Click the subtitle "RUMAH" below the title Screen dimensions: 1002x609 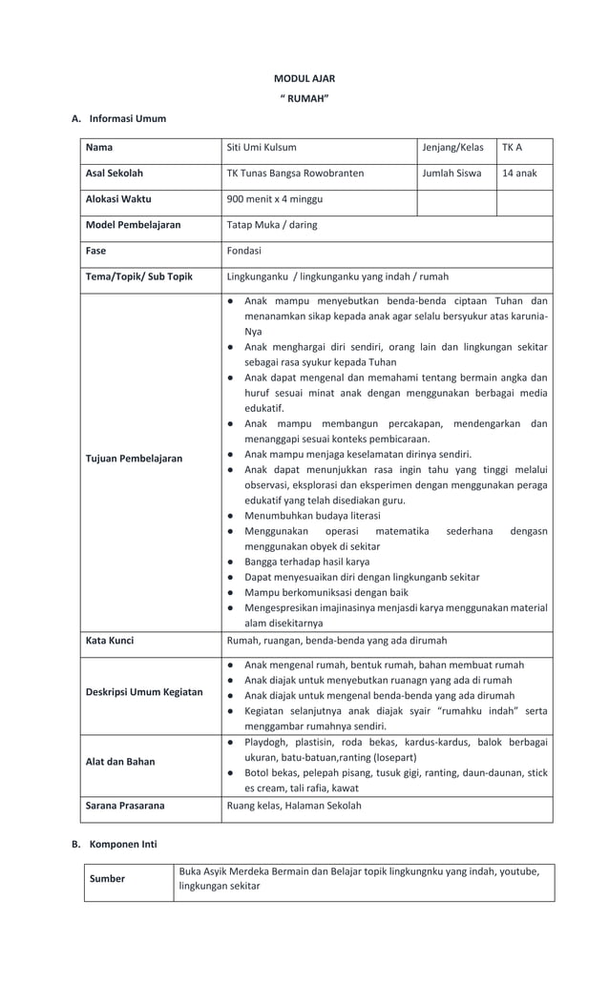[304, 99]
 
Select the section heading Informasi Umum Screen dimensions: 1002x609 [127, 119]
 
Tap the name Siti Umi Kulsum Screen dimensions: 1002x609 [262, 148]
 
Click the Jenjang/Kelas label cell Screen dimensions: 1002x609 [452, 148]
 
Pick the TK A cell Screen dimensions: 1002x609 [513, 148]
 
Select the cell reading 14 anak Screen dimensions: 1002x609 [519, 174]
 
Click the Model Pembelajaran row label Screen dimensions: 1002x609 [133, 225]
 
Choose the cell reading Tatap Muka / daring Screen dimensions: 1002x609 [272, 225]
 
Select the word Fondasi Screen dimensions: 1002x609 [244, 251]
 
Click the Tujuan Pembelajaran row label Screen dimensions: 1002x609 [134, 459]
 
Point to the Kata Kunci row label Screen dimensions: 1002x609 [110, 641]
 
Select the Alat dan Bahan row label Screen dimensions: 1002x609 [120, 762]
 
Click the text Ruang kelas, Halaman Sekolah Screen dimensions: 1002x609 [294, 806]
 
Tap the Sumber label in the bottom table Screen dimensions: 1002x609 [107, 879]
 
